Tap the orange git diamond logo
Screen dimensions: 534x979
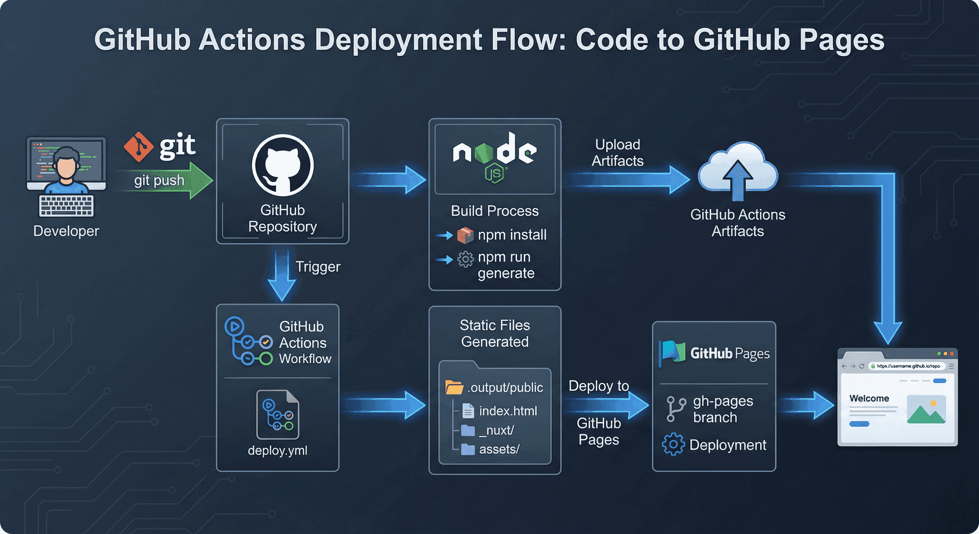pyautogui.click(x=138, y=147)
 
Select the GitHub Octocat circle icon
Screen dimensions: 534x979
pyautogui.click(x=282, y=165)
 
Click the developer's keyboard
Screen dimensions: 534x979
pyautogui.click(x=66, y=206)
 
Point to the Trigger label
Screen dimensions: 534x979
pyautogui.click(x=318, y=267)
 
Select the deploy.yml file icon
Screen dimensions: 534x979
pyautogui.click(x=278, y=415)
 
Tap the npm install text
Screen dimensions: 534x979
pyautogui.click(x=512, y=235)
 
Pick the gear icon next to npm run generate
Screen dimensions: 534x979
pyautogui.click(x=465, y=259)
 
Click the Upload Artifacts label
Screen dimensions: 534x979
pyautogui.click(x=617, y=152)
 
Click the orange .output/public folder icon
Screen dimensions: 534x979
pyautogui.click(x=453, y=387)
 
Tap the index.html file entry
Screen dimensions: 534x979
pyautogui.click(x=507, y=411)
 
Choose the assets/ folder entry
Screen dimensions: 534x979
pyautogui.click(x=499, y=449)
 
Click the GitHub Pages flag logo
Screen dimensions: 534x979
pyautogui.click(x=673, y=352)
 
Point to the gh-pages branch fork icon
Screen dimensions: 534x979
pyautogui.click(x=676, y=409)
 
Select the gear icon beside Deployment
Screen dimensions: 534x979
pyautogui.click(x=673, y=444)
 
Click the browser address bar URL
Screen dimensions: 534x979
pyautogui.click(x=908, y=366)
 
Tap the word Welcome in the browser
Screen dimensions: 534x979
pyautogui.click(x=869, y=398)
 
